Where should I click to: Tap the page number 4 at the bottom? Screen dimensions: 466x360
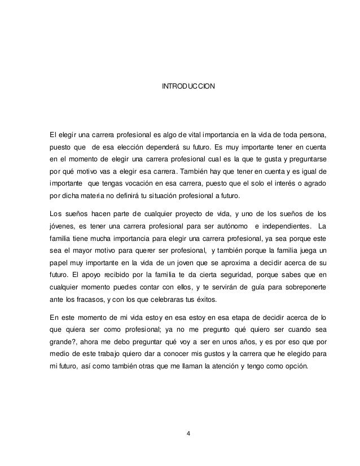[x=188, y=433]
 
